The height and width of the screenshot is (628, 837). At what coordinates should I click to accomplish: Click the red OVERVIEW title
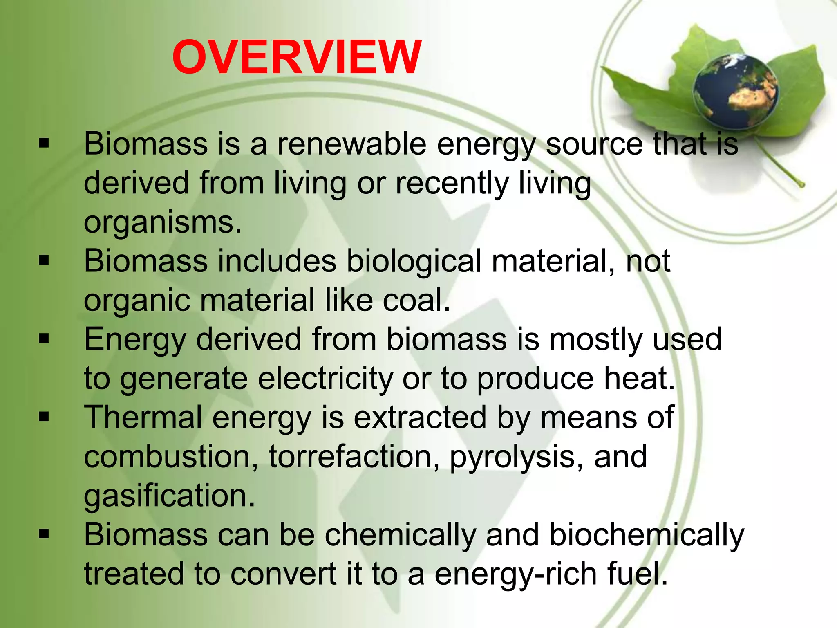tap(297, 57)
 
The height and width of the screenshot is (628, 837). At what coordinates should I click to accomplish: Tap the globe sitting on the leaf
tap(735, 91)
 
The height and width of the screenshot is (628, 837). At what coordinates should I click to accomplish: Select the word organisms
tap(162, 223)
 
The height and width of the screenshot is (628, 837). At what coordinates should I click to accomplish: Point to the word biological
tap(414, 262)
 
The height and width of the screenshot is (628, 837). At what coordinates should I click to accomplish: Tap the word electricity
tap(325, 379)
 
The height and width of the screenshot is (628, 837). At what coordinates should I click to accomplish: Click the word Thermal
tap(143, 417)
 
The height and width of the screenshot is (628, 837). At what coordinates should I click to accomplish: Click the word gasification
tap(169, 496)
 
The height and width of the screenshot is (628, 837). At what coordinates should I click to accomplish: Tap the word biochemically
tap(647, 535)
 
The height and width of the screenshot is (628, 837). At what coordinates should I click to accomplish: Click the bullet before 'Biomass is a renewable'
tap(44, 144)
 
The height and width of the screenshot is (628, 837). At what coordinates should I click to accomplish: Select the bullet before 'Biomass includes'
tap(44, 261)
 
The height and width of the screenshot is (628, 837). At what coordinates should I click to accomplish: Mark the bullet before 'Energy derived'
tap(44, 339)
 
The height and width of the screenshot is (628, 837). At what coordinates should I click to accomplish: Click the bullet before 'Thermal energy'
tap(44, 417)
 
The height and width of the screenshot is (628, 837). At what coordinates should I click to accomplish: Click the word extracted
tap(420, 417)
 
